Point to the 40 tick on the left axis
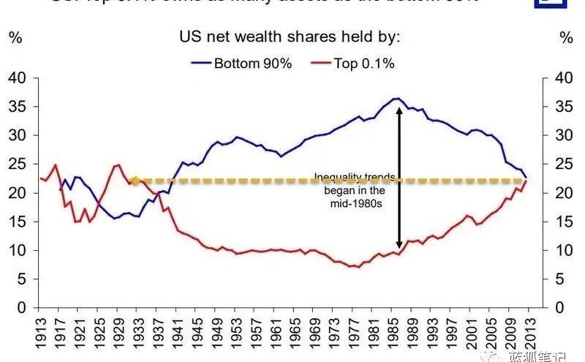16,78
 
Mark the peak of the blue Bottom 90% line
396,98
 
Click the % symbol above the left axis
15,37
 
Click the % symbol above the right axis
565,37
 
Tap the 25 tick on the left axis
16,164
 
